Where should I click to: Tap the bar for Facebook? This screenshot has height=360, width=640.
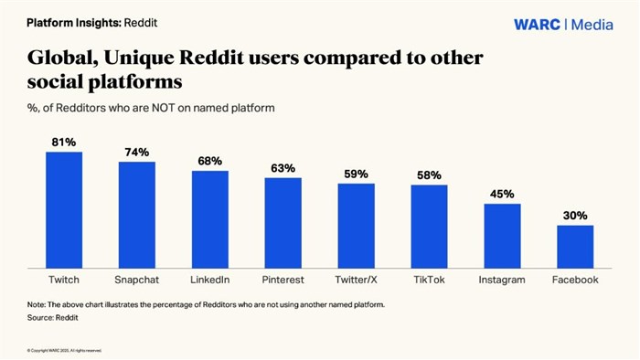click(x=575, y=245)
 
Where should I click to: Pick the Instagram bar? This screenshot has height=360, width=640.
click(x=502, y=234)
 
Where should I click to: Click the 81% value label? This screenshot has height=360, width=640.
click(x=64, y=142)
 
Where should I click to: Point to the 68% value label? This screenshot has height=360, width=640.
click(x=210, y=161)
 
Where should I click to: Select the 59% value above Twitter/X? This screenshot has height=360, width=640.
click(x=357, y=174)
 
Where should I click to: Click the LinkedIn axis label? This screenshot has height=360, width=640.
click(x=210, y=279)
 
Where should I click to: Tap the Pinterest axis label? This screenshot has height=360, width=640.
click(x=283, y=279)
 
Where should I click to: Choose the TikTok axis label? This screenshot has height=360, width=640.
click(x=429, y=279)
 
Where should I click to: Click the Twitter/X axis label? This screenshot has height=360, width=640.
click(x=357, y=279)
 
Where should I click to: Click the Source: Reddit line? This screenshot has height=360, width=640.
click(x=52, y=317)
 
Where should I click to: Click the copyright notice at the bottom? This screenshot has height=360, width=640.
click(x=64, y=349)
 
